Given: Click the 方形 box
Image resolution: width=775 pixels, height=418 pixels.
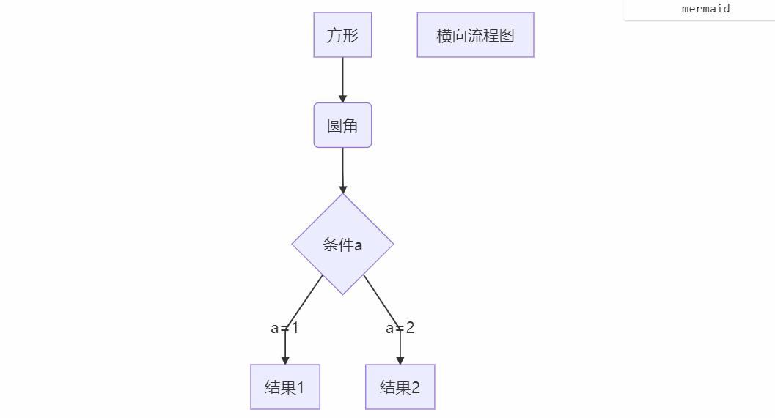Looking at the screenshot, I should [x=342, y=34].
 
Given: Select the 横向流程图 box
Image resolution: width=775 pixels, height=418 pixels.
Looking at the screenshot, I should [x=475, y=34].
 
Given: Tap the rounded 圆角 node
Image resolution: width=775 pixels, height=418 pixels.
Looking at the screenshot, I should [x=342, y=125].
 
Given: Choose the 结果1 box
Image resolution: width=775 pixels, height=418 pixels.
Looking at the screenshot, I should [x=284, y=387].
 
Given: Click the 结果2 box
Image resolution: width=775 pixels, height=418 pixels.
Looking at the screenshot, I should [x=400, y=387].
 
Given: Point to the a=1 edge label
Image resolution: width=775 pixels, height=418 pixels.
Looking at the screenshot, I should [x=284, y=328].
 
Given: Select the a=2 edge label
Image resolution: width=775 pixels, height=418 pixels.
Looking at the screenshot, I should [x=400, y=328].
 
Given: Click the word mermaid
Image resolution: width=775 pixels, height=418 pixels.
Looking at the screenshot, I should [x=705, y=9].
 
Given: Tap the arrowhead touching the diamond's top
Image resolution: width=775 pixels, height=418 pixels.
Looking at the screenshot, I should [x=342, y=190].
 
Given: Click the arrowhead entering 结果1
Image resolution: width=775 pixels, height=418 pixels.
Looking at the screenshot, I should [x=285, y=360].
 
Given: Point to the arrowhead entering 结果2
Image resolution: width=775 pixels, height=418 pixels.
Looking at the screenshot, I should [x=400, y=360].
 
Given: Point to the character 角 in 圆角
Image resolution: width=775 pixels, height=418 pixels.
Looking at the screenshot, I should [x=350, y=125].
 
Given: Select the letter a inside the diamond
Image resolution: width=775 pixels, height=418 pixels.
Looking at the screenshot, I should [x=359, y=245].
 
